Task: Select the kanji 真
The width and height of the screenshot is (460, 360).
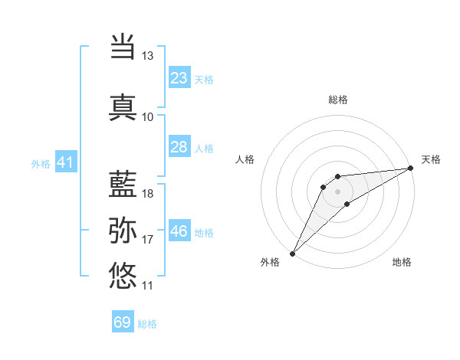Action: pos(123,106)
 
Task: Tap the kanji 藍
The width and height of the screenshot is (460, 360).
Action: pos(123,184)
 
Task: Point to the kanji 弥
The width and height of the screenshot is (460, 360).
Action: pos(123,231)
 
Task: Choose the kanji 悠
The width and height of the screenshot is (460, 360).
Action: pos(123,275)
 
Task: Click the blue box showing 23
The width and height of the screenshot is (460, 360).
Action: pos(179,78)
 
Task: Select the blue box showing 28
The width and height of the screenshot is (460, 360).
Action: pos(179,147)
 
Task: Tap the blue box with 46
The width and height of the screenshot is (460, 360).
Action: pos(179,232)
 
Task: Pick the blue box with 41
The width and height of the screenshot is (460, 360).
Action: pos(65,162)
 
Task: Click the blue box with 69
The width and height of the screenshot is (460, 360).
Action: pos(123,322)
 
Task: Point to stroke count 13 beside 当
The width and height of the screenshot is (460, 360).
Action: pos(147,56)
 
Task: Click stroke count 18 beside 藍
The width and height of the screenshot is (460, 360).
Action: pos(147,193)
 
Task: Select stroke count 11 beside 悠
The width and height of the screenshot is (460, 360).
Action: pos(147,286)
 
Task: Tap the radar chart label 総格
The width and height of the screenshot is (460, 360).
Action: pos(338,100)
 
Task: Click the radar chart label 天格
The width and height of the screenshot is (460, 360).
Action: pos(431,159)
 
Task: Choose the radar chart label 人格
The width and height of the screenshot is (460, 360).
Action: pos(245,159)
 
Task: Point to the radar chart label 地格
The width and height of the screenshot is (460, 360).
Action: pos(402,262)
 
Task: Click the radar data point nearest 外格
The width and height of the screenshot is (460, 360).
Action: pos(292,253)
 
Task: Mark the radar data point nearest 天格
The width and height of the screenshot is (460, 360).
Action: pos(410,169)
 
